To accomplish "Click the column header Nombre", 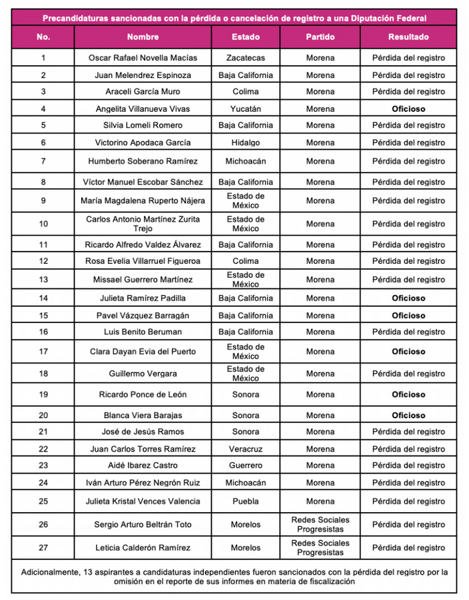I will [143, 37].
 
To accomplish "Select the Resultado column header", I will [408, 37].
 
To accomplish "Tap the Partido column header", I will [320, 37].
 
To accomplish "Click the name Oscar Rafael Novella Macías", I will [143, 58].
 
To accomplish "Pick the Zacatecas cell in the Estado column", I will [246, 58].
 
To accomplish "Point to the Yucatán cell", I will [246, 109].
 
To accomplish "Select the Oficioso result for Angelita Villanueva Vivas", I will [408, 109].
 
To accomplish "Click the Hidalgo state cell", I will [246, 143].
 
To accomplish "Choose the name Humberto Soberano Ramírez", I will [143, 161].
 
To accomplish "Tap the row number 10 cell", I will [43, 224].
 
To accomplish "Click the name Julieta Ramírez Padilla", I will [143, 298].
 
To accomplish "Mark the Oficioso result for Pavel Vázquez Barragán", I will [408, 316].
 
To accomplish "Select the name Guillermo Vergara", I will [143, 374].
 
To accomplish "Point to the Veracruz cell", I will [246, 449].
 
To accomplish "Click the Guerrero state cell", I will [246, 465].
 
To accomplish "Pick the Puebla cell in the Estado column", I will [246, 501].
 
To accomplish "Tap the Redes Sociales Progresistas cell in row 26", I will [320, 524].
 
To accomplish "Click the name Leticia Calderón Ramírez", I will [143, 548].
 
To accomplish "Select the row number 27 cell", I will [43, 548].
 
